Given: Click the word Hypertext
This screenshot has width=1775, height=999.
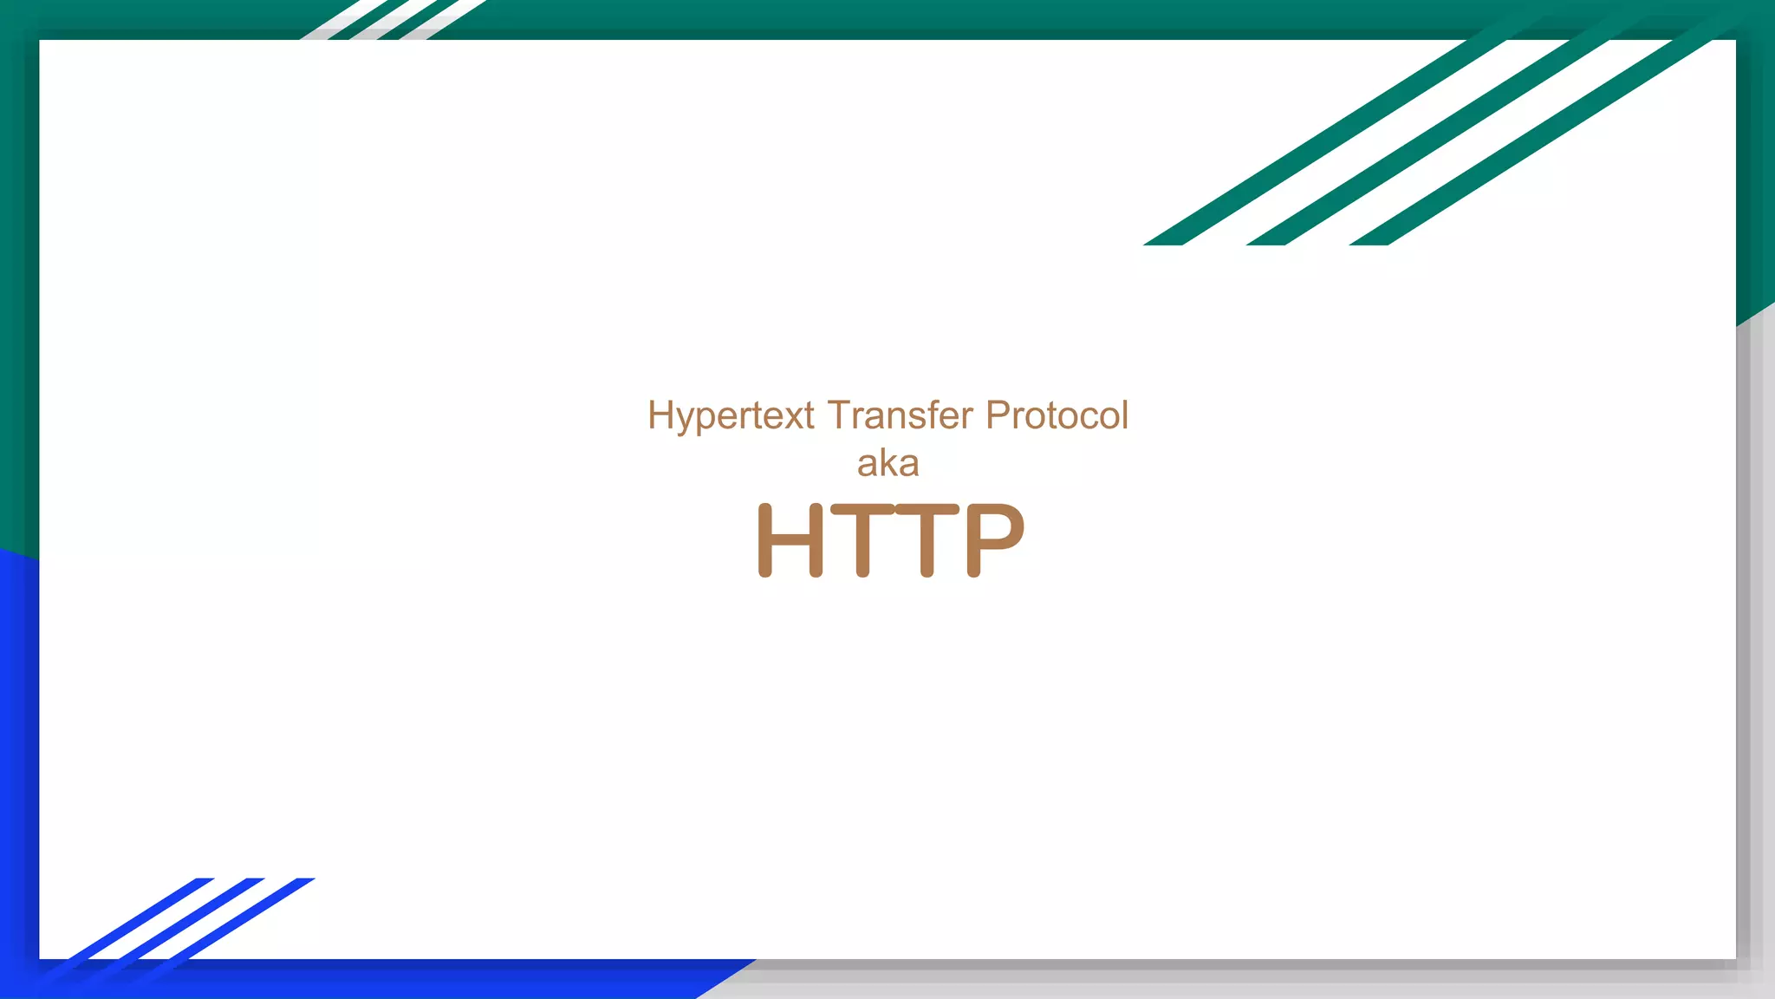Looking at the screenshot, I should coord(731,416).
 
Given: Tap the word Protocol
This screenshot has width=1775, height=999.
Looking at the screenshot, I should coord(1057,415).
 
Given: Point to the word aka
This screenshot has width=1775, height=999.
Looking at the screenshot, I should coord(887,464).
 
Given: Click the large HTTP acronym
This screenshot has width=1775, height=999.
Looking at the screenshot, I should coord(891,539).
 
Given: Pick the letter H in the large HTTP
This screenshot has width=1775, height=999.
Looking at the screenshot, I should coord(790,539).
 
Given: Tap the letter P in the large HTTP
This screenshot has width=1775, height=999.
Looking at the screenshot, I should coord(995,539).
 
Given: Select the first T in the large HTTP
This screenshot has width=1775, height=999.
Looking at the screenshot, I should coord(862,539).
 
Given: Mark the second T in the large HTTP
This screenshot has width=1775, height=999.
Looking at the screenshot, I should coord(927,539).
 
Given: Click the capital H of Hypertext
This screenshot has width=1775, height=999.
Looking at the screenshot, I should coord(660,415).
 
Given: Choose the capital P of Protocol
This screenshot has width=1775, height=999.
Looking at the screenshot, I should coord(998,415).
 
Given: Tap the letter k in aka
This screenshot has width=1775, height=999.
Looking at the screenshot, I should coord(888,463).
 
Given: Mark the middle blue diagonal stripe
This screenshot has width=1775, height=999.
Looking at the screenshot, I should coord(182,919).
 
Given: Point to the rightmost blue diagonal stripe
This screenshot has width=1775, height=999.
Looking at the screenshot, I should coord(234,919).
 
